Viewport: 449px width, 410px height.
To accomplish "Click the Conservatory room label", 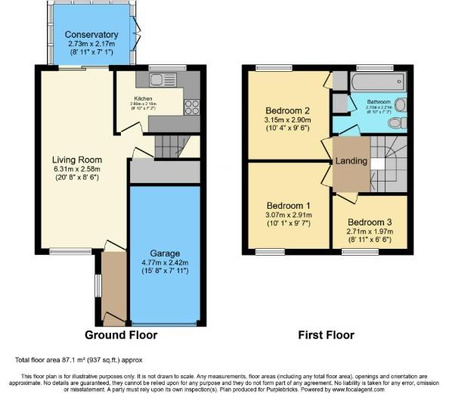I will tap(91, 35).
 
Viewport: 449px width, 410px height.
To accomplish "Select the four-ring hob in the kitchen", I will tap(191, 106).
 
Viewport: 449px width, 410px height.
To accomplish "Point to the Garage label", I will tap(164, 253).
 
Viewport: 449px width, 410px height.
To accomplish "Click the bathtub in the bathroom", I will tap(379, 81).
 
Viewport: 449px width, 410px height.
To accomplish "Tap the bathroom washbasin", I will tap(400, 105).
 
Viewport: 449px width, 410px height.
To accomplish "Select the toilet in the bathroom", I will tap(401, 122).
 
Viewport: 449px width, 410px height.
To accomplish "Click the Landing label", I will tap(351, 161).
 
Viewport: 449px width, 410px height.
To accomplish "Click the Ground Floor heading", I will tap(120, 335).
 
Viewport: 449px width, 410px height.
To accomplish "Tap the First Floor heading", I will tap(325, 335).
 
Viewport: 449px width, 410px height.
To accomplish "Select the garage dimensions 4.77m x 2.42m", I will tap(164, 263).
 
